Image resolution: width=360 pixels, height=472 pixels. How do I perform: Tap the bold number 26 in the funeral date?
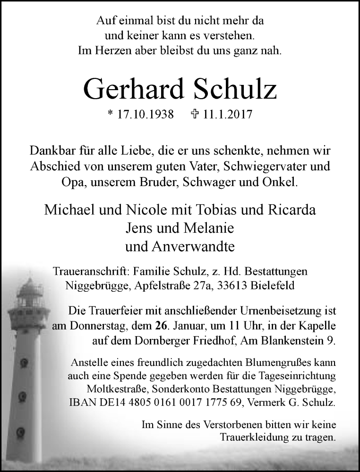(x=160, y=325)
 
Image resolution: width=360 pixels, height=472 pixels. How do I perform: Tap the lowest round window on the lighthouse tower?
(x=19, y=431)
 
